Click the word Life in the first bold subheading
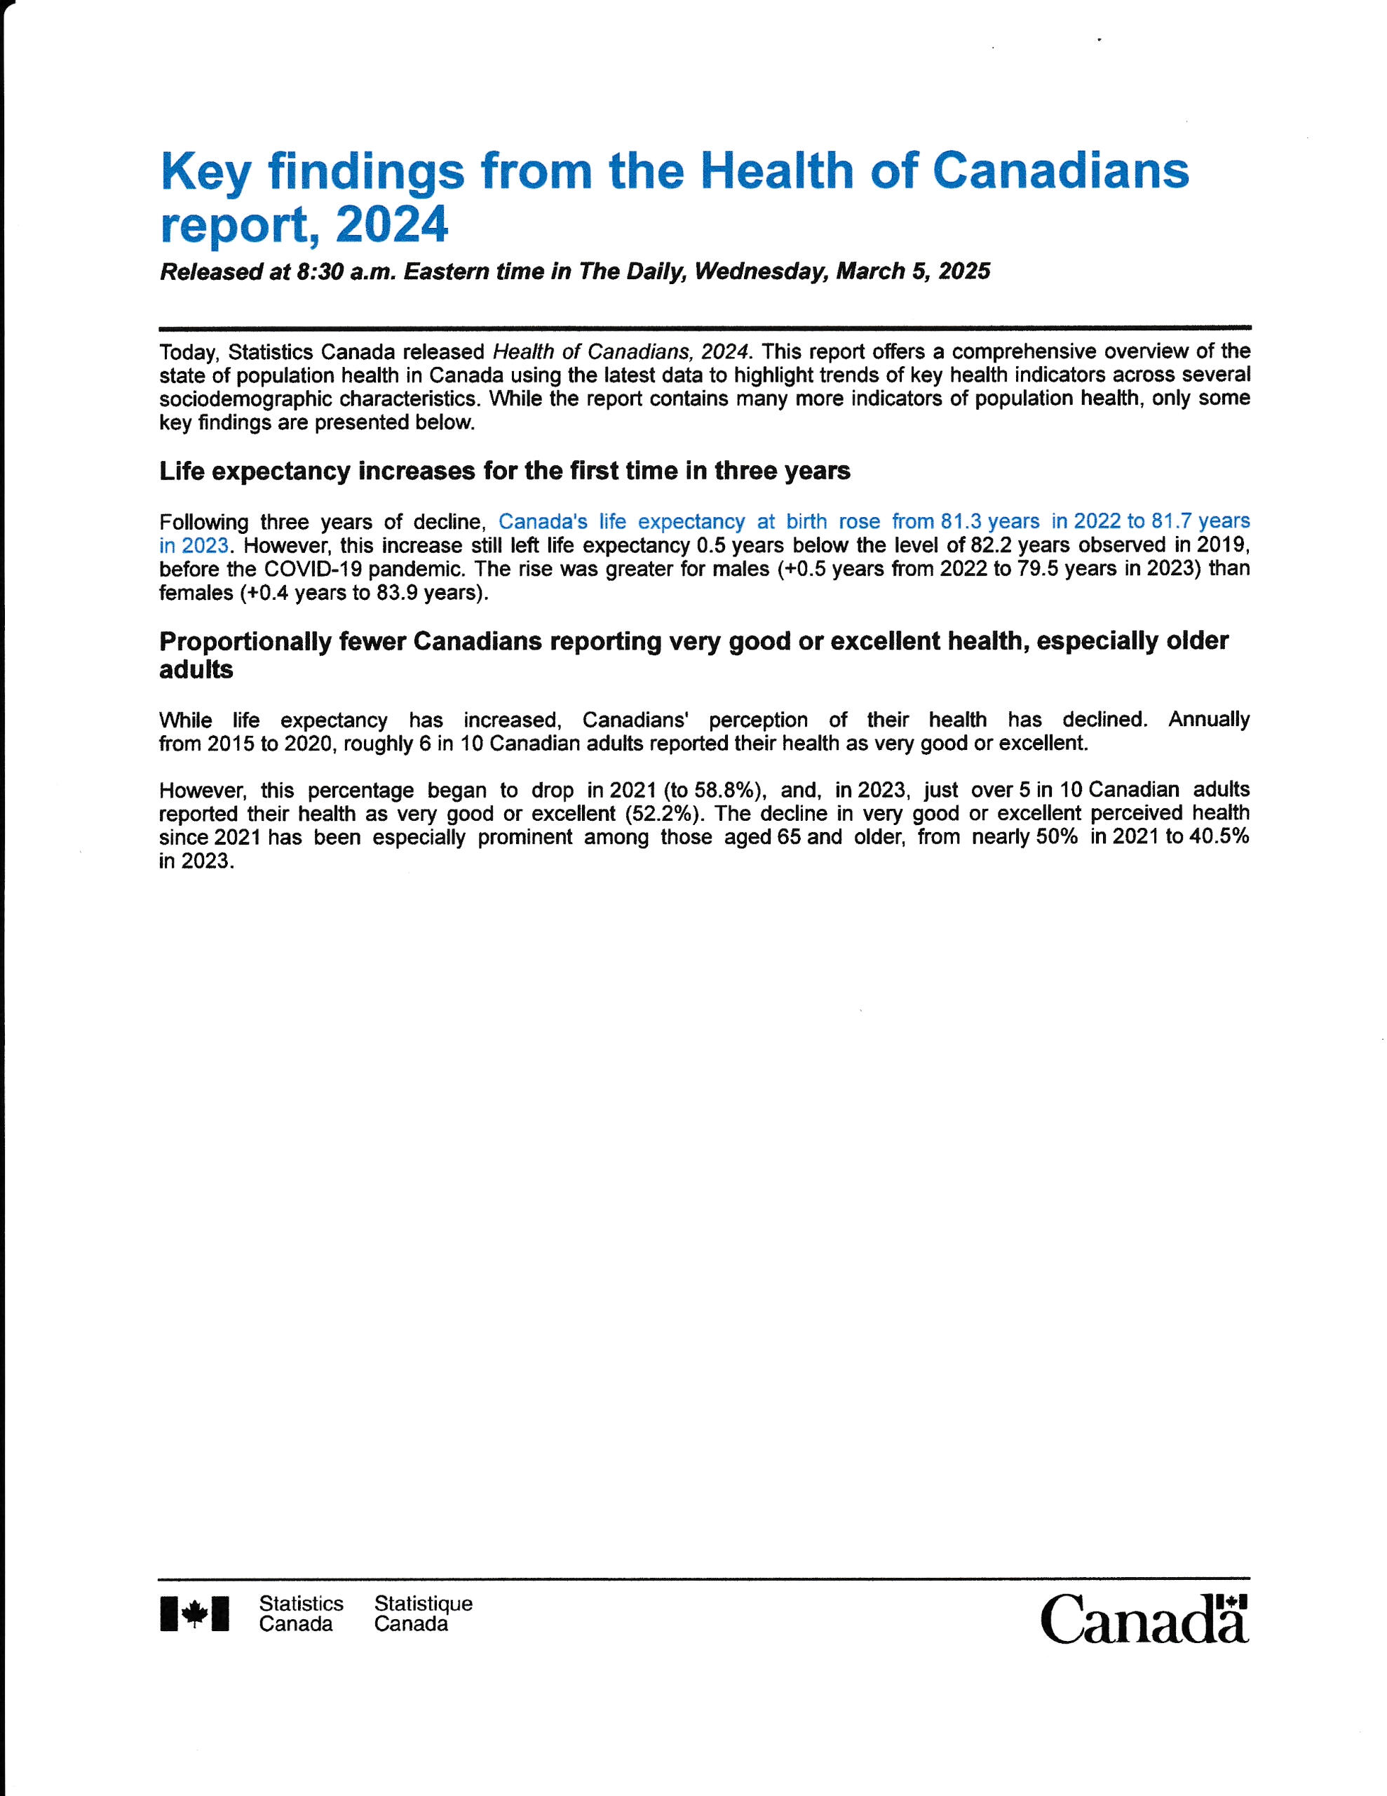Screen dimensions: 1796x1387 click(182, 471)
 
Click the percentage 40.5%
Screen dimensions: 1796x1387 click(1217, 837)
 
